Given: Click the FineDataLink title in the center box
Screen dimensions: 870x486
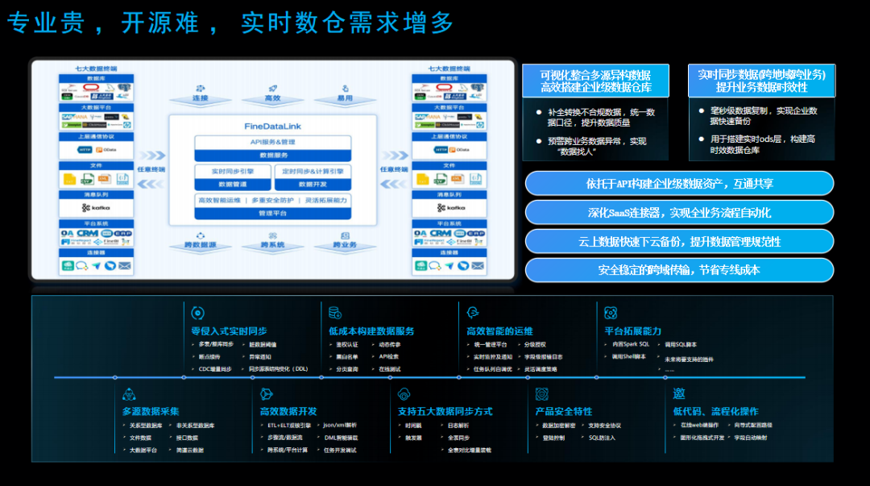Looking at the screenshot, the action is pos(272,127).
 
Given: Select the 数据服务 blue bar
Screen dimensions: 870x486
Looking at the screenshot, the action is pos(272,154).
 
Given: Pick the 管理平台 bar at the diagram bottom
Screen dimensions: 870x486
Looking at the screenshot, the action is pos(272,214).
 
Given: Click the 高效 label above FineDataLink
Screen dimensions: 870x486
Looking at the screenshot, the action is pos(272,98).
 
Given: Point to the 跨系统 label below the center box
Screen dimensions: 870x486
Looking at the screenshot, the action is pos(272,244).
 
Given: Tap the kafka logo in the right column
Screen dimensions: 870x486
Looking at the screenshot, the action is pos(449,207).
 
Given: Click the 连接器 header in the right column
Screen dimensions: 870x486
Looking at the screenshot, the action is pos(449,252).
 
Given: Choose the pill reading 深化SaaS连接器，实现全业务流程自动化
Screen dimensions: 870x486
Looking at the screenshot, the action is pos(679,212).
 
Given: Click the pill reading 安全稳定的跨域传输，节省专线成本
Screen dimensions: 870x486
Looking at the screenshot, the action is pos(679,270).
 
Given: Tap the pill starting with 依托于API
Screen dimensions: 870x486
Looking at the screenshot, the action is pos(679,183).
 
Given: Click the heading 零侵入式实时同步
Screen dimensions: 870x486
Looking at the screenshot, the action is pos(229,331).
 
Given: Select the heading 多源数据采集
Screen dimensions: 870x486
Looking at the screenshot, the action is pos(151,412).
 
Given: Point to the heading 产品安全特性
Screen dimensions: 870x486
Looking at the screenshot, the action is pos(564,412).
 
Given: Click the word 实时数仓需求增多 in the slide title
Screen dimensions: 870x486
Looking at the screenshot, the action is pos(348,23).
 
